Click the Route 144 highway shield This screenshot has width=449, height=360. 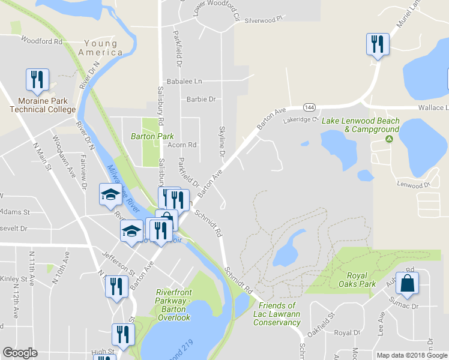tap(309, 107)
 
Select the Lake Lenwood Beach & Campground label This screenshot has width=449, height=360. tap(360, 125)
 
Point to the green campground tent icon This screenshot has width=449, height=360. tap(389, 139)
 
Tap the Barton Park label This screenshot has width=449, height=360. tap(152, 136)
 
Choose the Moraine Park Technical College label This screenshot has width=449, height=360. tap(43, 105)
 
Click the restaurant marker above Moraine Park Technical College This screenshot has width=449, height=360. tap(37, 80)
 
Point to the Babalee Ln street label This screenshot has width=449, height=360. tap(184, 81)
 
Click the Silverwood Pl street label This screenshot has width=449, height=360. tap(263, 20)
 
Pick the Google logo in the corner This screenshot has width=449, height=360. tap(20, 353)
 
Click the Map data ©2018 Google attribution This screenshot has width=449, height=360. tap(412, 355)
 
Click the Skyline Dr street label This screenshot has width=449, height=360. tap(222, 143)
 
